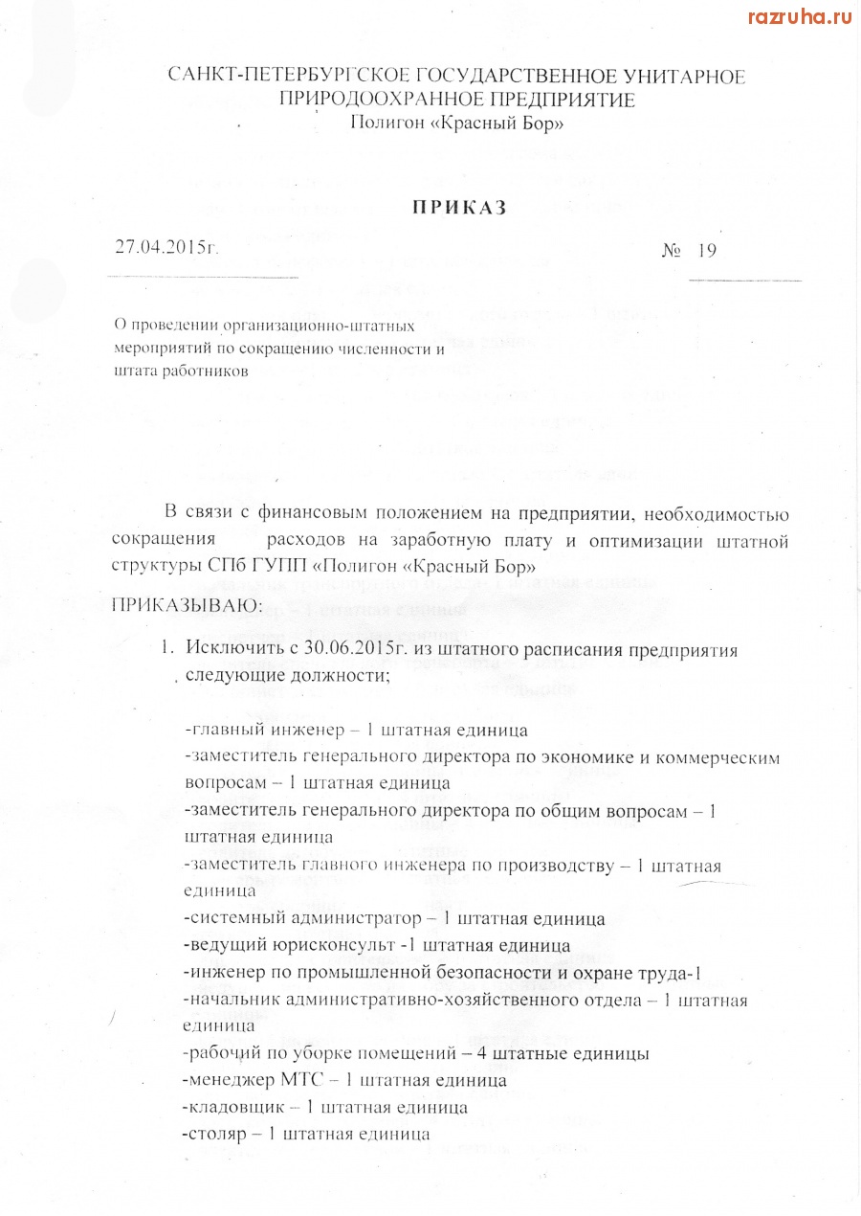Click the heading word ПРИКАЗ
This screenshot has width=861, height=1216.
pyautogui.click(x=458, y=208)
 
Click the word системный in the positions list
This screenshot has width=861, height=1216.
pyautogui.click(x=230, y=919)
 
